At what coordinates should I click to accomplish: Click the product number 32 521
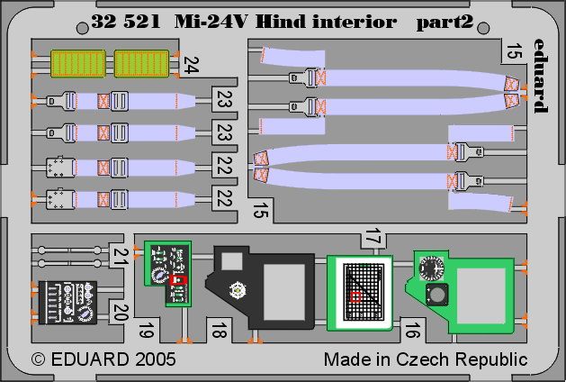125,22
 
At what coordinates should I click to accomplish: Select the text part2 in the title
445,23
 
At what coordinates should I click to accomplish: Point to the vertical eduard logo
541,76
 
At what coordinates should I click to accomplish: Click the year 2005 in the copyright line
156,359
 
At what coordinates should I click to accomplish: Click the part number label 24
191,65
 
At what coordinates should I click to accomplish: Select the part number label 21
119,256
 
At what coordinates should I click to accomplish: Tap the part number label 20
121,313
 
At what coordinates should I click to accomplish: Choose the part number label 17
373,237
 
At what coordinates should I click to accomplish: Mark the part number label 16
412,330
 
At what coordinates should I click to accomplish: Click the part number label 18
219,330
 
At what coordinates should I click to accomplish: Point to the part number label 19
146,330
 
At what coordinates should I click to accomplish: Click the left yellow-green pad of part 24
78,64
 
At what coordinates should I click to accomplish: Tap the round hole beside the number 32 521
82,28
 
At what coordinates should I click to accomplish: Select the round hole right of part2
483,28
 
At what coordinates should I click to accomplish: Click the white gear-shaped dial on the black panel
238,290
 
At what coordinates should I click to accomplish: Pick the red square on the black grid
355,297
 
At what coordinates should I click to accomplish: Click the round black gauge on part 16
431,268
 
